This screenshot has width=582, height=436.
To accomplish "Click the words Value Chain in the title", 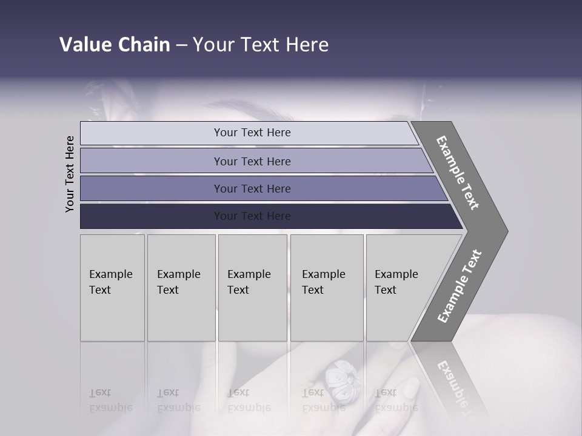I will pos(115,45).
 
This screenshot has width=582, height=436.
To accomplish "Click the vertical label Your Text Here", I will pos(70,174).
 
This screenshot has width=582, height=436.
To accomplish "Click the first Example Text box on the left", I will pos(112,287).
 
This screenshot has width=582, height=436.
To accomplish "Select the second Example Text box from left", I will pos(181,287).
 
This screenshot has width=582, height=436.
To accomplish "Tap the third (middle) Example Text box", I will pos(252,287).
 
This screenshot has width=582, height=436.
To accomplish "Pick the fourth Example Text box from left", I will pos(326,287).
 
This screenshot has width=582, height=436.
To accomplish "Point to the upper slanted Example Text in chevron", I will pos(458,173).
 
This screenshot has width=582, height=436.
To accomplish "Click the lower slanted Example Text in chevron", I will pos(460,286).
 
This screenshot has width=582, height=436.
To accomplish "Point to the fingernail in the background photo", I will pos(410,388).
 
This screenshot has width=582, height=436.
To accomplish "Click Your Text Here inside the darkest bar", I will pos(252,216).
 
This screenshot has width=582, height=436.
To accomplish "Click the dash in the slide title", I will pos(181,45).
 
